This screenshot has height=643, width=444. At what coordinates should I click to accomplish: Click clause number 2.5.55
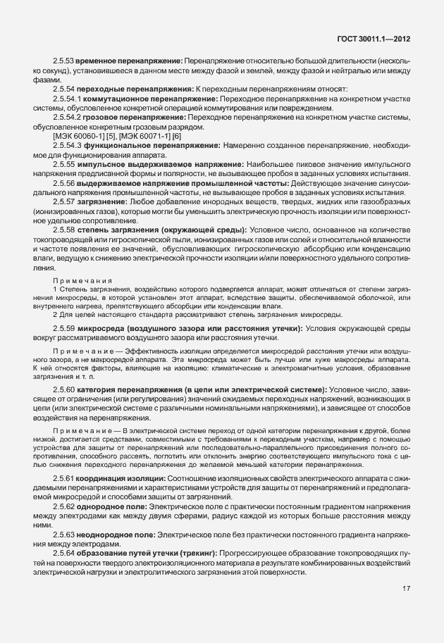click(x=64, y=163)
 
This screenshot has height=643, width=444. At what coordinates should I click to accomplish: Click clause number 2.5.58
click(x=64, y=230)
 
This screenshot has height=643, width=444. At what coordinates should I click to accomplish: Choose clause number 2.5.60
click(x=64, y=389)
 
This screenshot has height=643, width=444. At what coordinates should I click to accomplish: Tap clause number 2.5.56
click(x=64, y=182)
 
